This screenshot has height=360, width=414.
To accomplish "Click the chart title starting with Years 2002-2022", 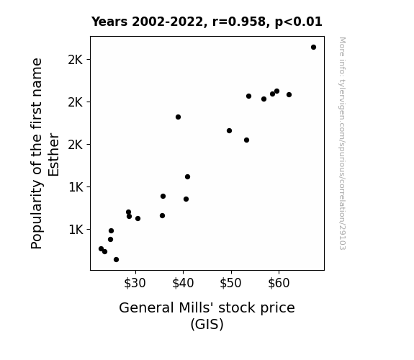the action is [x=207, y=22].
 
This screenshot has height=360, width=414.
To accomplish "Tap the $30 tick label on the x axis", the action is [x=135, y=283].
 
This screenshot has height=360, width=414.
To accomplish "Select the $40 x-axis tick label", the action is [x=183, y=283].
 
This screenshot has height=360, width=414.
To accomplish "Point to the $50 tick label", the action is [x=230, y=283].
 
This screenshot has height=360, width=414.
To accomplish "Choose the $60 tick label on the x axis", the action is [x=279, y=283].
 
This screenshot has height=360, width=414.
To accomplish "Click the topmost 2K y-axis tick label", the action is [x=76, y=60].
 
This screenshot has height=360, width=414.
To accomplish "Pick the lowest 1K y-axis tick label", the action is [x=76, y=230].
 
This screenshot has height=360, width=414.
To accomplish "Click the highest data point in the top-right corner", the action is [x=313, y=48].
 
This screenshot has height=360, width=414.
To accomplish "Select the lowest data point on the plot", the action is [x=116, y=260].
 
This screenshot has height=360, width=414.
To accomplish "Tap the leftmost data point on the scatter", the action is [x=101, y=249].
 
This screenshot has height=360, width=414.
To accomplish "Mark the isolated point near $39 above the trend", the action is [x=179, y=117].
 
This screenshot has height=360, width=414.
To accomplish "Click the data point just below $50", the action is [x=229, y=131].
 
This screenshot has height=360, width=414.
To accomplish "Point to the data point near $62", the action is [x=289, y=94].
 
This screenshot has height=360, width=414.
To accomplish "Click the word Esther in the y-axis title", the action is [x=53, y=155].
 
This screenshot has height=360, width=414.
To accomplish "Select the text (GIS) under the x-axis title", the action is [x=207, y=324].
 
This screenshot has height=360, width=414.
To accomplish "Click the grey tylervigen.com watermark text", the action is [x=342, y=143].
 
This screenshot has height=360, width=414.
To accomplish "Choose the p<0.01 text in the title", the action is [x=299, y=22].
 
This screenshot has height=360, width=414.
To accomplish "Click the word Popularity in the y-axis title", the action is [x=37, y=215].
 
